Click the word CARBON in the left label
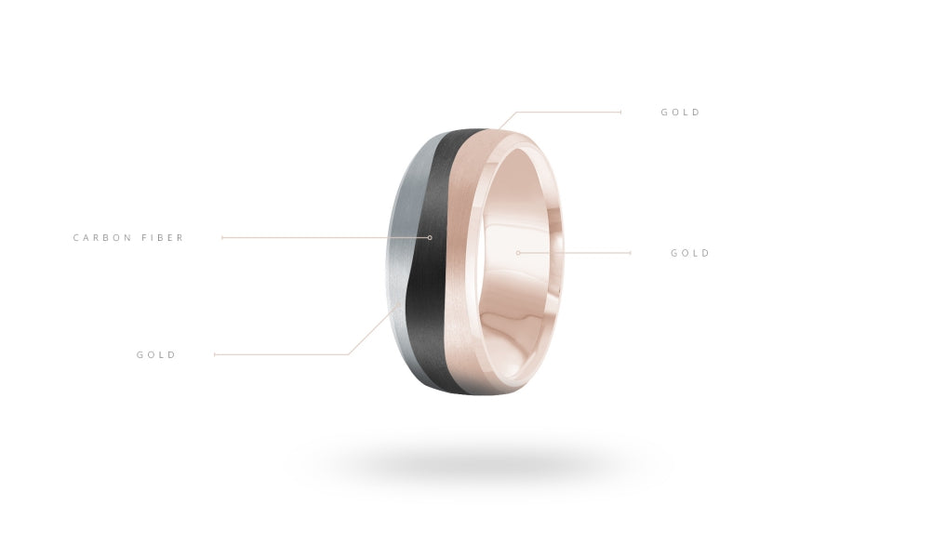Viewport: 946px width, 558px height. [102, 238]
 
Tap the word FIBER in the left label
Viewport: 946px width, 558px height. [163, 238]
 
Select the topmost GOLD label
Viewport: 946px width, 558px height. [681, 113]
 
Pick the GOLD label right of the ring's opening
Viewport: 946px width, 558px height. [690, 253]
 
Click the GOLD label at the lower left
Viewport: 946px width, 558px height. [156, 354]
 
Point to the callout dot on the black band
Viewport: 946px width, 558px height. [430, 238]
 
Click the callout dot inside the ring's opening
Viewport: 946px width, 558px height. [517, 253]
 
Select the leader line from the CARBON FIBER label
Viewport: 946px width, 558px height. [326, 238]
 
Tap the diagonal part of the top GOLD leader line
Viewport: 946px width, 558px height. [507, 121]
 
